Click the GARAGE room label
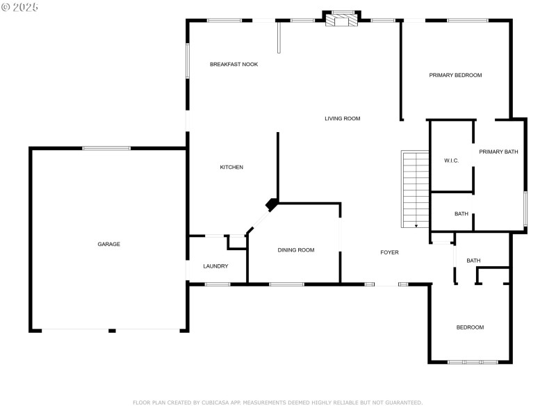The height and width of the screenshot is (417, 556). (108, 244)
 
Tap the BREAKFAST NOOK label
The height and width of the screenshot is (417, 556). (234, 64)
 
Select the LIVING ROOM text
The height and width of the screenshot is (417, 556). (342, 119)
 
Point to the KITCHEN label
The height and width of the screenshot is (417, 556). (231, 167)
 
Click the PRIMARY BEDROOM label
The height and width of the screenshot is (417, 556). (455, 75)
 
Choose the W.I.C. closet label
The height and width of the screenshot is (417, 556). (451, 161)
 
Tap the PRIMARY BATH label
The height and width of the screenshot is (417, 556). (498, 152)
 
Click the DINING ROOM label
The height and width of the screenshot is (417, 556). (296, 250)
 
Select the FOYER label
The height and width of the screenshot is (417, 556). (389, 252)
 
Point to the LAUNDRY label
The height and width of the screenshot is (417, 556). (215, 266)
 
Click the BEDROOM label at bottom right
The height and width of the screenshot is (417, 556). (470, 327)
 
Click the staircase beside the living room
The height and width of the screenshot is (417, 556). (416, 189)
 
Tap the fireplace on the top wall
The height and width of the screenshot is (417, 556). (342, 20)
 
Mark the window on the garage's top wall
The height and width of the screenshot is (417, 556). (106, 148)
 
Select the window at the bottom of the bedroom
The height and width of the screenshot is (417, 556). (473, 362)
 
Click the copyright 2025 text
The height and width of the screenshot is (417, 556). (20, 7)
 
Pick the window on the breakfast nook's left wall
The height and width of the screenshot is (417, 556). (187, 61)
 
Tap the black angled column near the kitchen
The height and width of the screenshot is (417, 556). (272, 204)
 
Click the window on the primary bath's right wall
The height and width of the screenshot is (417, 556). (525, 208)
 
